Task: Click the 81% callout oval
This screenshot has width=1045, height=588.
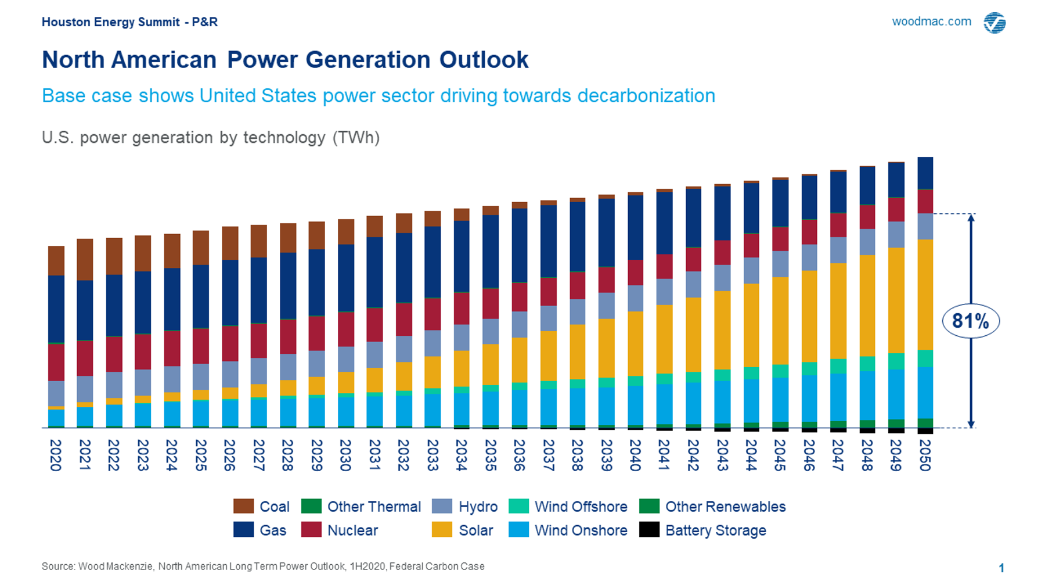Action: [970, 321]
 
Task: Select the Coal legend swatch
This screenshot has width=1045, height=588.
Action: [243, 506]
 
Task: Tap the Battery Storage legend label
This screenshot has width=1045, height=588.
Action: [715, 530]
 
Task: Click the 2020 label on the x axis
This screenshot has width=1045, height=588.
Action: [56, 455]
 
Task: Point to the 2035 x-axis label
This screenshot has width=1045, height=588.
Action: [491, 455]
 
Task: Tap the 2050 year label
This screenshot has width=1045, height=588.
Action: [925, 455]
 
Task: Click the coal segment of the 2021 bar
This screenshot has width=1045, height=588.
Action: [85, 259]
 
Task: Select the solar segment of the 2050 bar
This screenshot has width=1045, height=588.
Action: [925, 294]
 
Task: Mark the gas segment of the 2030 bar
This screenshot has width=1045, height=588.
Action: [346, 278]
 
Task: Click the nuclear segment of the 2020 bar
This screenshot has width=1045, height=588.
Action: [56, 362]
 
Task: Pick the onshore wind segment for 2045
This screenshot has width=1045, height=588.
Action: [780, 399]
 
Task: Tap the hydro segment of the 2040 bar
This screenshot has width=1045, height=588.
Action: [635, 298]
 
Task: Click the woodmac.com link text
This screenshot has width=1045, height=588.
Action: [931, 21]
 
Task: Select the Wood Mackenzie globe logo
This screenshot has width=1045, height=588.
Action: [994, 23]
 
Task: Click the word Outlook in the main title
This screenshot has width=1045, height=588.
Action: [484, 60]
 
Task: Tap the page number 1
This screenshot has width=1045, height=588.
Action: [1001, 568]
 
